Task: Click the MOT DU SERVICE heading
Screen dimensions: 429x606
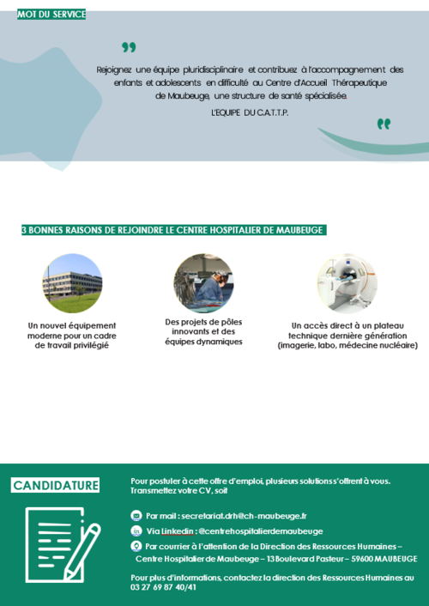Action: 51,15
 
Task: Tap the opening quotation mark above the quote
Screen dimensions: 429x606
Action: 129,47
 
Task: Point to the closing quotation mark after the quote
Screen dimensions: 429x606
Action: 384,124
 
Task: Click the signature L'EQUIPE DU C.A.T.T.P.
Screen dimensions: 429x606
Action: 250,112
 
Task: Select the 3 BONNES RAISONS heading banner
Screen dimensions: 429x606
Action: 173,230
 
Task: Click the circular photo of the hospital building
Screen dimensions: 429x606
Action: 72,283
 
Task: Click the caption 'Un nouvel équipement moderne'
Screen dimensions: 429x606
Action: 73,335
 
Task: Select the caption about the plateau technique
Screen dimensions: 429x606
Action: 347,336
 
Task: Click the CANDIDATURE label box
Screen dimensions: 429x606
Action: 56,486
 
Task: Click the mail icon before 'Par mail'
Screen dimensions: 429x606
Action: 136,516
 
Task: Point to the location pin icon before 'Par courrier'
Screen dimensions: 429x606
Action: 136,546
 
